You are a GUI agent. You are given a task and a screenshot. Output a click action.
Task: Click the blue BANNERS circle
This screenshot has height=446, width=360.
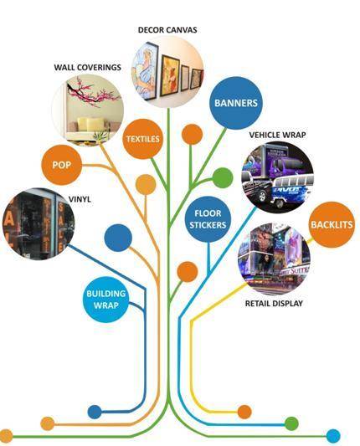click(x=236, y=103)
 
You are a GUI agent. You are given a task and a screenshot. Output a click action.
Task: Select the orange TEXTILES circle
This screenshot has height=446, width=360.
click(x=143, y=139)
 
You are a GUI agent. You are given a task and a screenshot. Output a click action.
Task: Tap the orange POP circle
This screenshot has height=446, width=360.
click(x=61, y=165)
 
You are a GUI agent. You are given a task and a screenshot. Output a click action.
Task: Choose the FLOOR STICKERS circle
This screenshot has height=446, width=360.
click(x=208, y=219)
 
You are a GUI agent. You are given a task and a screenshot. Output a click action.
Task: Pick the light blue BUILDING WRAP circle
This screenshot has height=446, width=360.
click(x=105, y=300)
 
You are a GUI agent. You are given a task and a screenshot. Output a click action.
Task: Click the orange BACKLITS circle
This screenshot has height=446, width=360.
click(x=332, y=225)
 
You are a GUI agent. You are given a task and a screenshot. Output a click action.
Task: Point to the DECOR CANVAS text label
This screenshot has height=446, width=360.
click(x=167, y=30)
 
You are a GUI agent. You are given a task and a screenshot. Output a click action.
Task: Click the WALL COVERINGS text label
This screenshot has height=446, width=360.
click(x=88, y=68)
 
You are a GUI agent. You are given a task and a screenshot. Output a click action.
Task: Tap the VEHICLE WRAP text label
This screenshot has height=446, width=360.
click(x=277, y=135)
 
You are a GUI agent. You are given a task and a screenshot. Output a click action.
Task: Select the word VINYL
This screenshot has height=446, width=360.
click(x=80, y=199)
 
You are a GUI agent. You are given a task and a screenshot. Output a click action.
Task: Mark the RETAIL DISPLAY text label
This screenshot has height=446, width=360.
click(x=274, y=304)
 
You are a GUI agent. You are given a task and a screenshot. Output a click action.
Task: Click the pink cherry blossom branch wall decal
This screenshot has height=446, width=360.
click(x=92, y=92)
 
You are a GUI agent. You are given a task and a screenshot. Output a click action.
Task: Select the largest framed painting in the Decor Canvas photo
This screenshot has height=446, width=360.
click(x=146, y=71)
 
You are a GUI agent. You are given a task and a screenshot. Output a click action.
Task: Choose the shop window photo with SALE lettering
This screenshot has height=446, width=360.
click(x=39, y=223)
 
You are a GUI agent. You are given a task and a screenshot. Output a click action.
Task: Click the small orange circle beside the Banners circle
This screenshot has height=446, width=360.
click(x=192, y=134)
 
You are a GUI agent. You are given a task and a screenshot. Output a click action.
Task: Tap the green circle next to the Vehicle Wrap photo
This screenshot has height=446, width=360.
click(x=223, y=177)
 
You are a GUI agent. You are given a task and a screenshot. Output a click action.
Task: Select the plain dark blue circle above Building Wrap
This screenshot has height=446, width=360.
click(x=118, y=238)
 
